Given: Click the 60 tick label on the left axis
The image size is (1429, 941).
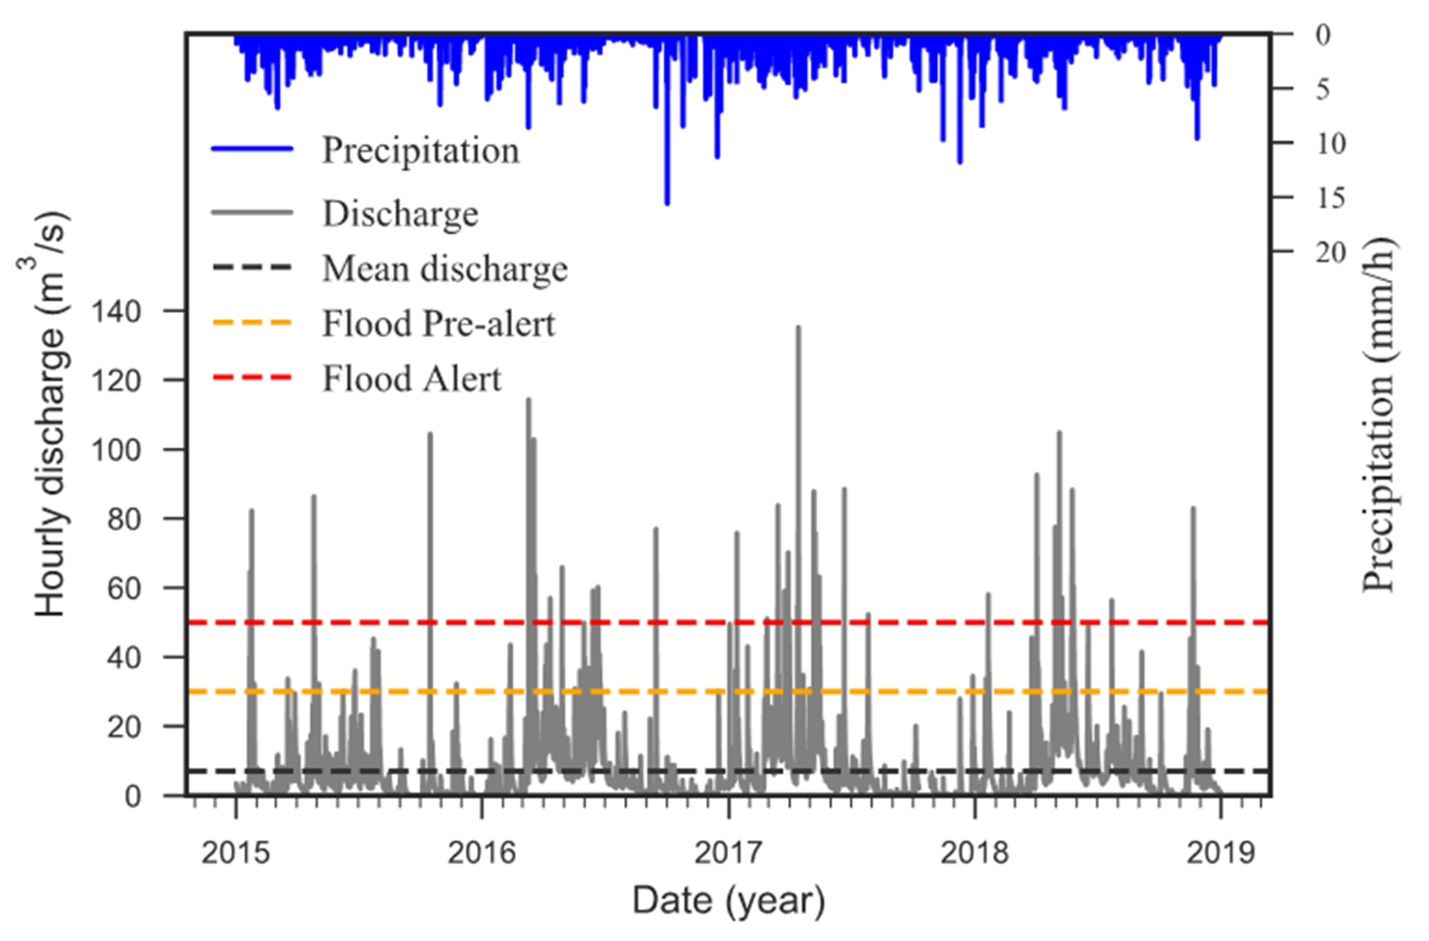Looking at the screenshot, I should click(124, 588).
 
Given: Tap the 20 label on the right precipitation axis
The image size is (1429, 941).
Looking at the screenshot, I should click(1332, 253).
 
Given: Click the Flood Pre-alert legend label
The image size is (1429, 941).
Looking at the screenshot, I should click(438, 323).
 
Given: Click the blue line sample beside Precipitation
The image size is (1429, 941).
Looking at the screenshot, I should click(252, 148).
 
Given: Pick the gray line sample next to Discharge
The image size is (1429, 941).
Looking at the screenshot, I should click(252, 212).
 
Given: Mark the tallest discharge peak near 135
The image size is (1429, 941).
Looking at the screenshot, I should click(798, 328).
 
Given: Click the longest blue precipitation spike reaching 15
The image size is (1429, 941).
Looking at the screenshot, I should click(667, 202).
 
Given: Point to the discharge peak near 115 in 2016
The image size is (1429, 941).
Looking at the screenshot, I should click(528, 400).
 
